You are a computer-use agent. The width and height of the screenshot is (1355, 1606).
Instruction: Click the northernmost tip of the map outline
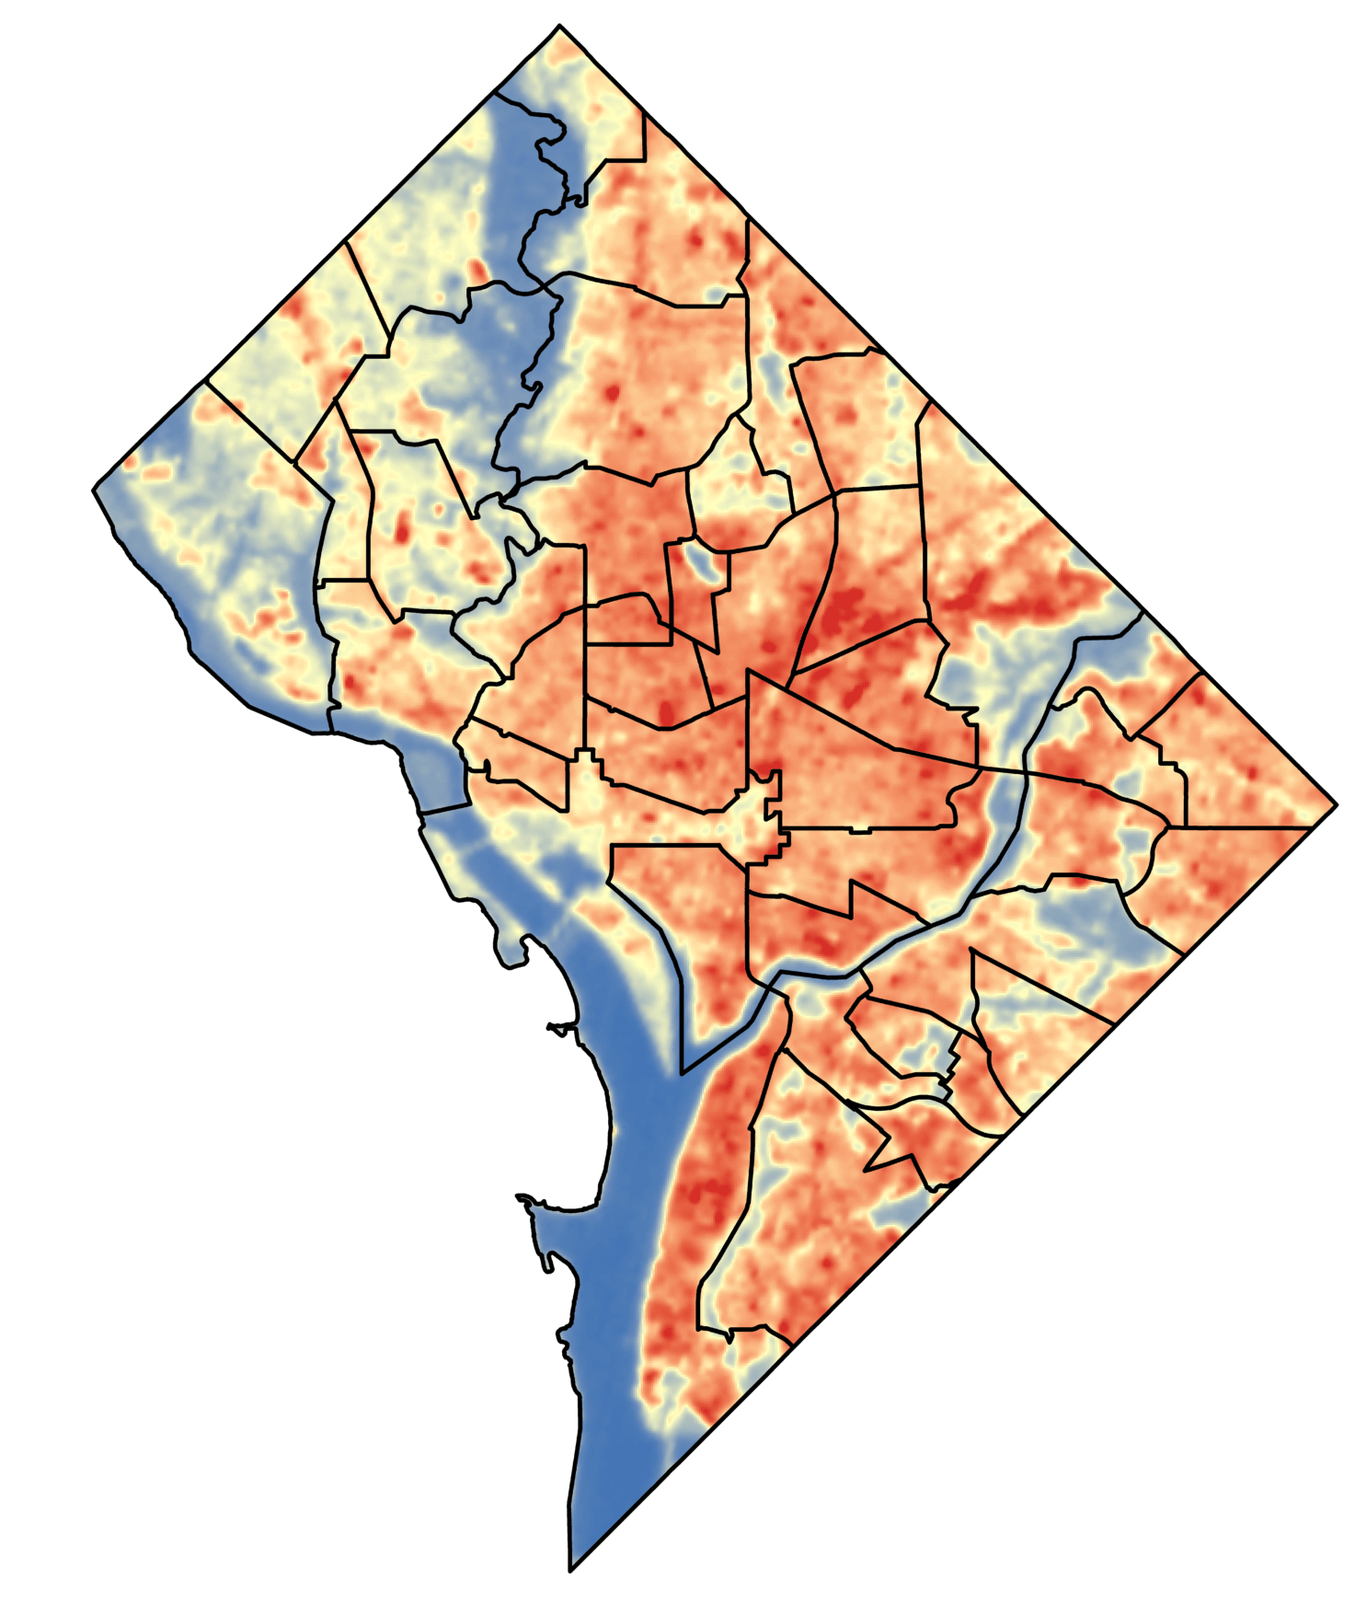pyautogui.click(x=559, y=27)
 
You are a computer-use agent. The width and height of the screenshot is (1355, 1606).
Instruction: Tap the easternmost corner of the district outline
pyautogui.click(x=1336, y=805)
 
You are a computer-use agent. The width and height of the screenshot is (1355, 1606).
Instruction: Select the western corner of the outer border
pyautogui.click(x=94, y=489)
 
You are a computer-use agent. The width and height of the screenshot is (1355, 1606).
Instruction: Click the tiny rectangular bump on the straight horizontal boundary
pyautogui.click(x=859, y=830)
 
